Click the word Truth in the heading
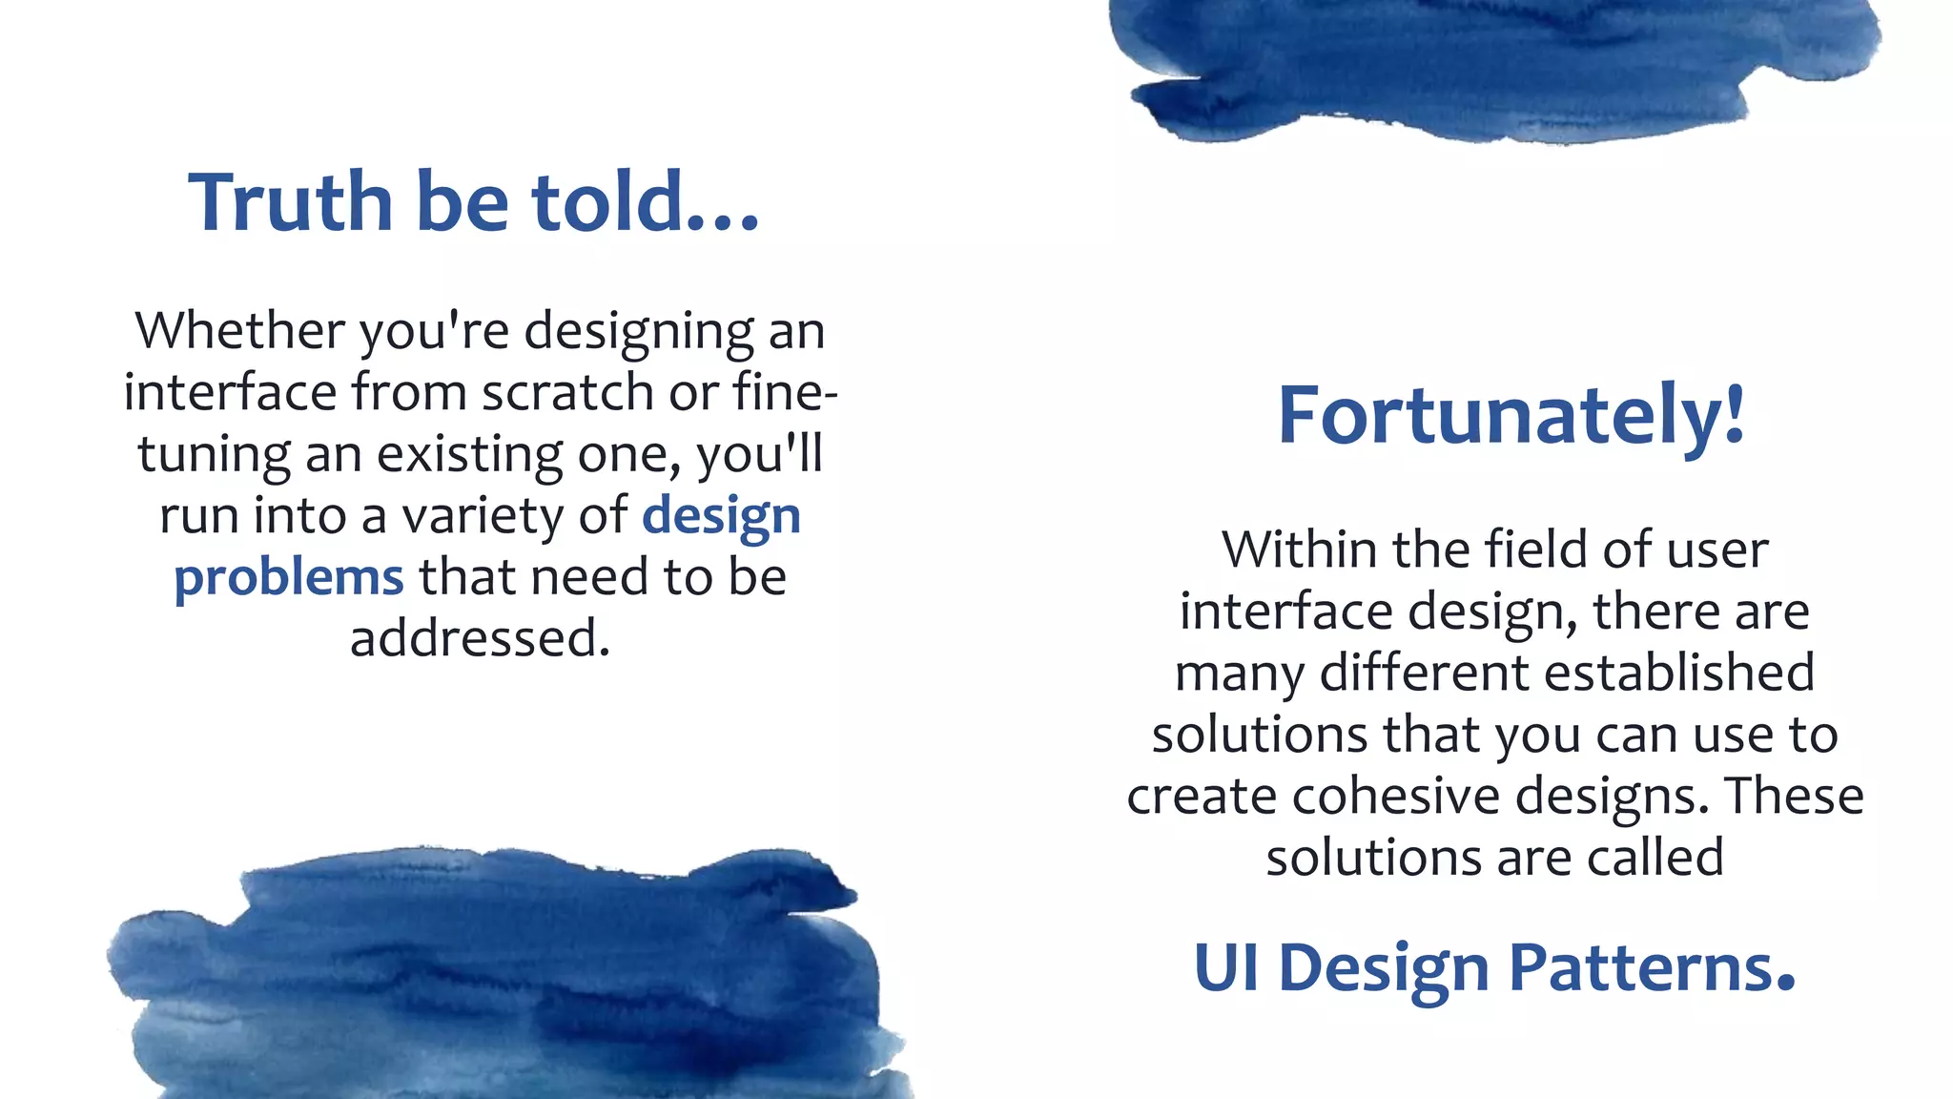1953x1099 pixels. pos(290,202)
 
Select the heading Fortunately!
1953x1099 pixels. pos(1511,415)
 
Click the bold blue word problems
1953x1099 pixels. pos(289,577)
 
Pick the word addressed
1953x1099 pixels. pos(480,638)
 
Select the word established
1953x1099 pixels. pos(1679,673)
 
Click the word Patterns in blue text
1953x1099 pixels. pos(1652,968)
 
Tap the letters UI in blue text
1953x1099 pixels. pos(1225,968)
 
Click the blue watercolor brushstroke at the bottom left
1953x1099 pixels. pos(505,983)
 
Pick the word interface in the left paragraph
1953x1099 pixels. pos(230,392)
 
